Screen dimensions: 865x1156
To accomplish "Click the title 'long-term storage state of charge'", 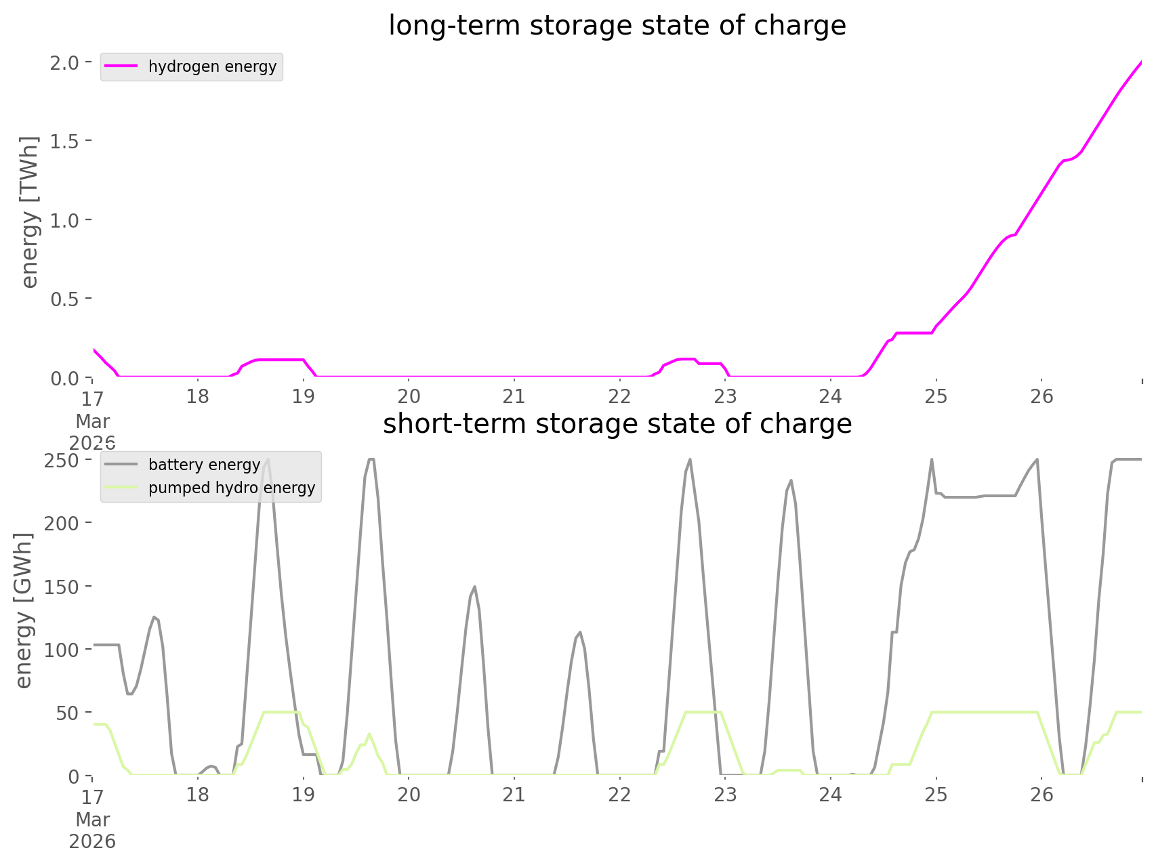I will click(617, 26).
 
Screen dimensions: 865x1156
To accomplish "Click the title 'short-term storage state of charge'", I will click(617, 424).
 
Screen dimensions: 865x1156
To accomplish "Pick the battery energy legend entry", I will click(204, 465).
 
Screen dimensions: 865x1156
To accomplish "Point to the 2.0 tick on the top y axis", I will click(65, 62).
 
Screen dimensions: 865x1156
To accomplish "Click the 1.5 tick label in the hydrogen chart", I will click(65, 141).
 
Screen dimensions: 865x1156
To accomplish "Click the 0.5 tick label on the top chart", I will click(65, 299).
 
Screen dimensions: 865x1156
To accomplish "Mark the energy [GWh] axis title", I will click(24, 610).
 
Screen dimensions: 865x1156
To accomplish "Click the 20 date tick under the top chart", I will click(409, 396).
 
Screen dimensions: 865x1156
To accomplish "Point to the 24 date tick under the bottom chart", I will click(831, 795).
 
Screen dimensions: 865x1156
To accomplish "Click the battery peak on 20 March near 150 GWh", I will click(474, 587).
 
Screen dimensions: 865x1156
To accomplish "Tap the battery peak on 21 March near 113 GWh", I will click(579, 633).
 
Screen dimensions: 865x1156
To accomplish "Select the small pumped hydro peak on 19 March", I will click(369, 734).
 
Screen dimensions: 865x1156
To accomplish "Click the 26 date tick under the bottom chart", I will click(1042, 795).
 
